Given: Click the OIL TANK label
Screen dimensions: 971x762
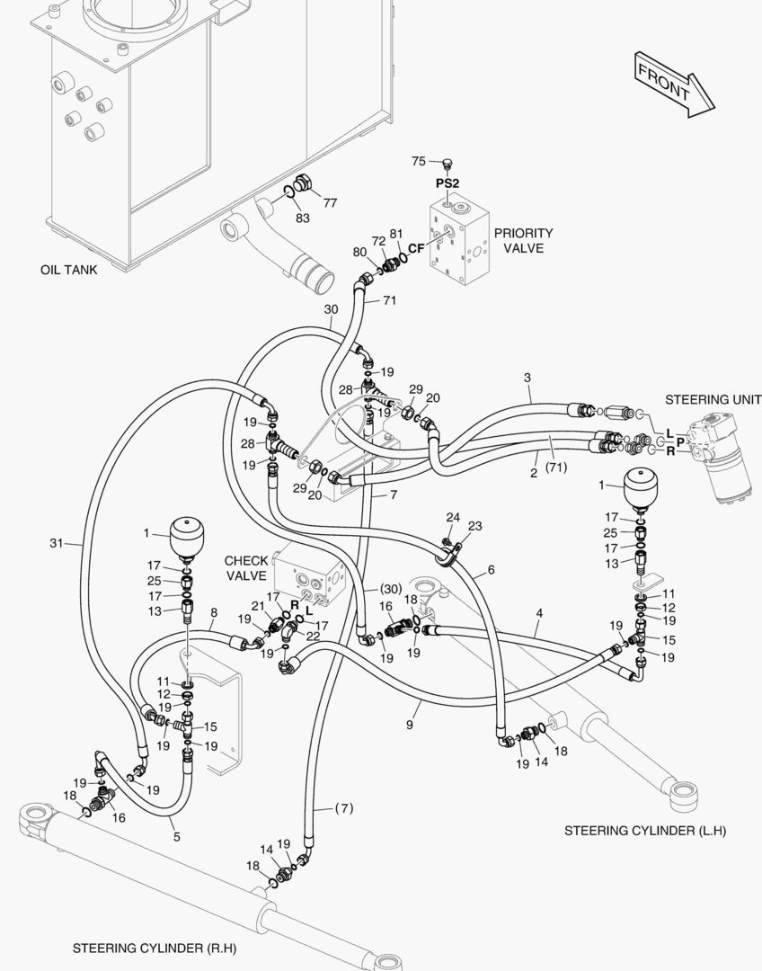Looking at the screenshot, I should (69, 270).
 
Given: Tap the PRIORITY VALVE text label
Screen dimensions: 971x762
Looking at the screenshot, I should (523, 240).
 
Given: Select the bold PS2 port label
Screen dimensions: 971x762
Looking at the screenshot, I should (447, 183).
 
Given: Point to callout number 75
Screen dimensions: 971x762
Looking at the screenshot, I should (419, 161).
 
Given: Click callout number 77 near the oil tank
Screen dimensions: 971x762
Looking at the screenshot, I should (330, 203).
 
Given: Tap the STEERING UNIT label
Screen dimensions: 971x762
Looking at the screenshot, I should (713, 399).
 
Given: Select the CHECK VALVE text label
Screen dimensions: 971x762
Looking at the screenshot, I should (246, 567).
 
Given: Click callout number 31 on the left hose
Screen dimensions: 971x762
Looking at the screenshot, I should (57, 542).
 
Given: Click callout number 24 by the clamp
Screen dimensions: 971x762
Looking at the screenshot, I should (453, 517).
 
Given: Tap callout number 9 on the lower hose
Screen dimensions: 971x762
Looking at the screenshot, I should (410, 724).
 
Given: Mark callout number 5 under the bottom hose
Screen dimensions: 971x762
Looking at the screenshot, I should (176, 836).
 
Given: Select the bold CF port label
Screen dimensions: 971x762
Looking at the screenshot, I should (416, 248).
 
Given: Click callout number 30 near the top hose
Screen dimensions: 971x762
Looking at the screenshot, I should (331, 309).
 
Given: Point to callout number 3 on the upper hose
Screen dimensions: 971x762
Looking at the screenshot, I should (527, 377).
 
